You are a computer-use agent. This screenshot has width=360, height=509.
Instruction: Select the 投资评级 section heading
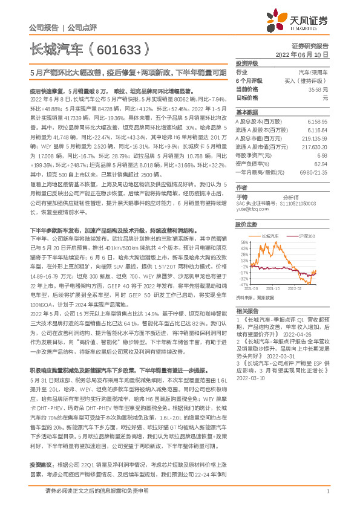pyautogui.click(x=247, y=63)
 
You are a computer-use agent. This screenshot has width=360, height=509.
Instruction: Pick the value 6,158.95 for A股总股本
pyautogui.click(x=318, y=122)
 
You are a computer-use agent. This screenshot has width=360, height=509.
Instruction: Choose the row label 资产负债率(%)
pyautogui.click(x=250, y=164)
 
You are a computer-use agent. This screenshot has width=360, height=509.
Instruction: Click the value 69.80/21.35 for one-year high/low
pyautogui.click(x=313, y=172)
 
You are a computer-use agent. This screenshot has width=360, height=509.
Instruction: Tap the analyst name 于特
pyautogui.click(x=241, y=197)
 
